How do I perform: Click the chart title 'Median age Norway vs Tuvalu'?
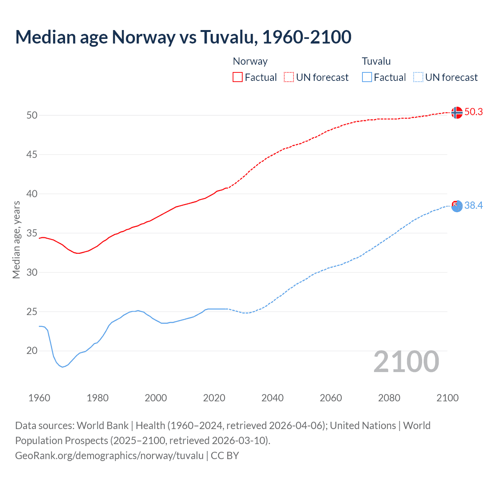(183, 37)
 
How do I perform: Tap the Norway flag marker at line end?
(456, 112)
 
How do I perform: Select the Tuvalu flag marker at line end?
(457, 206)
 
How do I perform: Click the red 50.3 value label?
(473, 112)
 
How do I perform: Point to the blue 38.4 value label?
(473, 206)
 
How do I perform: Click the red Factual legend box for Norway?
(238, 77)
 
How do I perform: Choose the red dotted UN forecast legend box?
(289, 77)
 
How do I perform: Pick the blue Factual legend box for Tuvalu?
(367, 77)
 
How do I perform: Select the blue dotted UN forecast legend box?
(418, 77)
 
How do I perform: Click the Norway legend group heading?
(250, 61)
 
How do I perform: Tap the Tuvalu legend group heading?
(376, 61)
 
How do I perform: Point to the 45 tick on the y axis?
(32, 155)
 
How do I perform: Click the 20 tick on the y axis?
(32, 351)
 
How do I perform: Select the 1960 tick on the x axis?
(39, 398)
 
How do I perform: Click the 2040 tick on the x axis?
(272, 398)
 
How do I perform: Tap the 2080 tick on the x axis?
(389, 398)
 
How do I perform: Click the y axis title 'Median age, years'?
(16, 240)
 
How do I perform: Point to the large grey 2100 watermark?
(406, 362)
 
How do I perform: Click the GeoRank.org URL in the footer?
(109, 456)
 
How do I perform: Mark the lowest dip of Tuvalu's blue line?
(62, 367)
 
